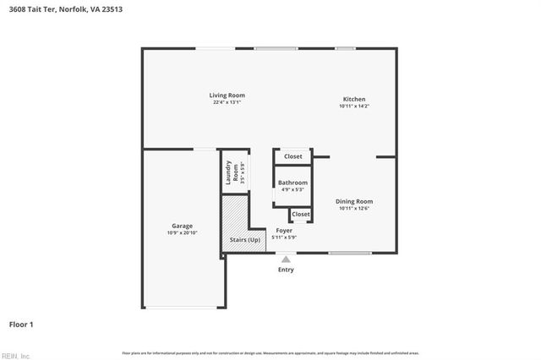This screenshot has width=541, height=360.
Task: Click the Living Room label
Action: (227, 95)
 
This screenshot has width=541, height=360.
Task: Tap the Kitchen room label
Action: (353, 99)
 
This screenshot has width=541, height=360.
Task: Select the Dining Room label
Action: (354, 201)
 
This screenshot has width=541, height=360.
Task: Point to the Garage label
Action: (183, 226)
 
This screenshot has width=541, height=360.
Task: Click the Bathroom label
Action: (292, 183)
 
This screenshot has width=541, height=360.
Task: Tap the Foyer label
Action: (285, 230)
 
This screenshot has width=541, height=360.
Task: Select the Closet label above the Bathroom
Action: (292, 156)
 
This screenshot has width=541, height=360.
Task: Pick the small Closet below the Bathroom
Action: (301, 215)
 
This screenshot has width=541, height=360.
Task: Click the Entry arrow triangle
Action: (286, 259)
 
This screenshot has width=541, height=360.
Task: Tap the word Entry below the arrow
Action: (286, 270)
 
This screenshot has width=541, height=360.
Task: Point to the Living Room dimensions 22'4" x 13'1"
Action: (227, 102)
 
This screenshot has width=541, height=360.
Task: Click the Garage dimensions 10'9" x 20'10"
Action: (183, 232)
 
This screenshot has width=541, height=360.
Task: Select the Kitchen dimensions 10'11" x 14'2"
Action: (354, 106)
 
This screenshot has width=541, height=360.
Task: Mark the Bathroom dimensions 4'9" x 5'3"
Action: (292, 189)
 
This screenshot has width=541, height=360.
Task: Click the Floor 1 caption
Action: (21, 324)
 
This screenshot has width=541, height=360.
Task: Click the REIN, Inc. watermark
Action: (15, 355)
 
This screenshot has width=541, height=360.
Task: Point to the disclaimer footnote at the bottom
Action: (270, 352)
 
